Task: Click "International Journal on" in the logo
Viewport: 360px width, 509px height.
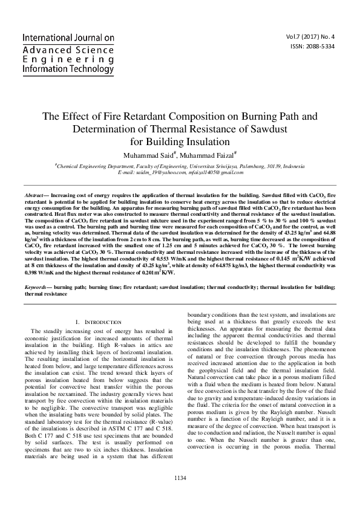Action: click(68, 37)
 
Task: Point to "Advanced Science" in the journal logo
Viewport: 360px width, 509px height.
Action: click(68, 48)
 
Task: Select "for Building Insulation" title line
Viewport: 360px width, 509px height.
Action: click(180, 141)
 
